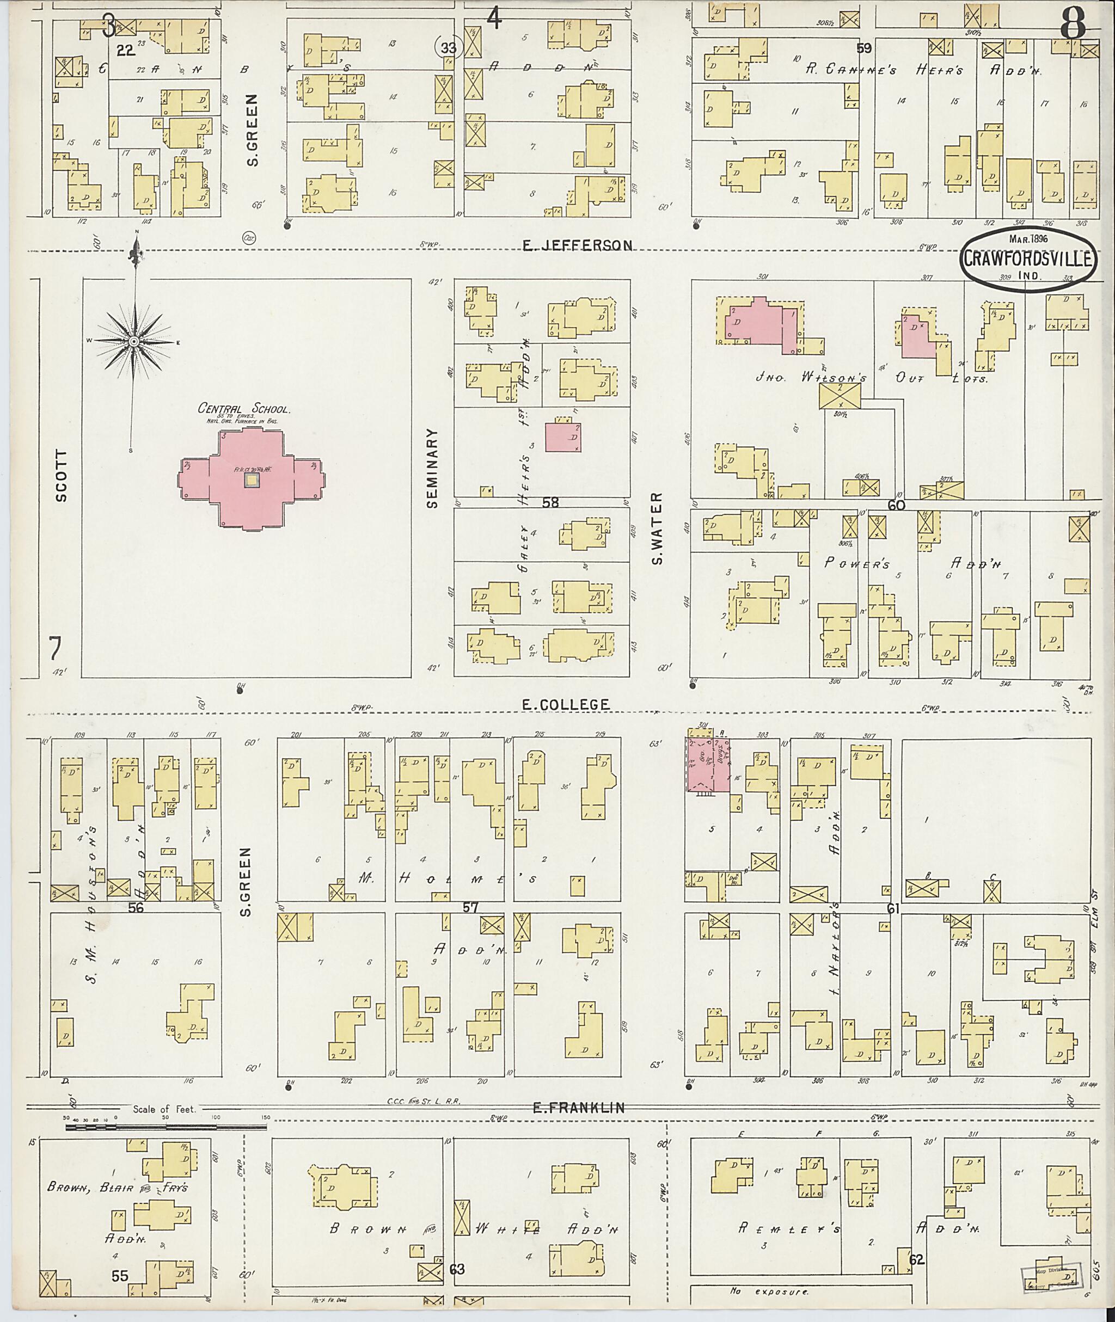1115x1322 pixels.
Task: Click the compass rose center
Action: (x=134, y=342)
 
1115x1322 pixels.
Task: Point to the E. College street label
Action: (x=566, y=704)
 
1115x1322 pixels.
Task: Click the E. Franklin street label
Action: (x=578, y=1107)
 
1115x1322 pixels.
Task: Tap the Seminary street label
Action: (x=432, y=468)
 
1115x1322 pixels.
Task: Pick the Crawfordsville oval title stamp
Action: (x=1030, y=259)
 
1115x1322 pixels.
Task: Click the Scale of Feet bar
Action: (x=166, y=1126)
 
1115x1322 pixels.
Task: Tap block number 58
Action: (x=550, y=502)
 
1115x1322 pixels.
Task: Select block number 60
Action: (x=896, y=505)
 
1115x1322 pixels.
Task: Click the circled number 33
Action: (x=449, y=47)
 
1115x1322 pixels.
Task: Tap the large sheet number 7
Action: (x=56, y=649)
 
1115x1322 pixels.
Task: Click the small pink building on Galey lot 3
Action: (x=563, y=437)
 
